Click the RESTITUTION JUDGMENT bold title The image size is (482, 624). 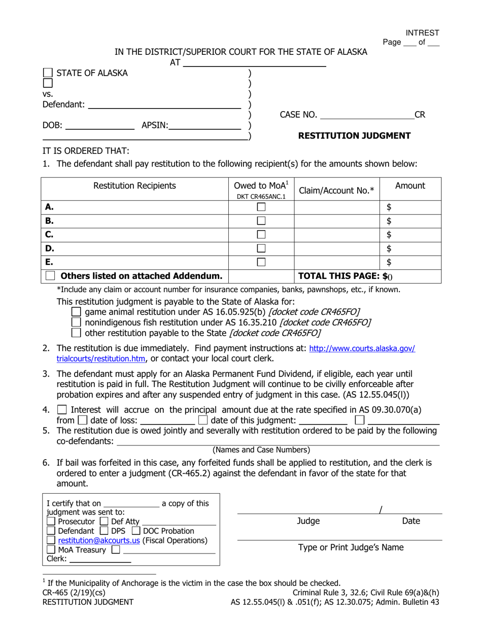point(354,135)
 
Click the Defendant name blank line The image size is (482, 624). point(164,105)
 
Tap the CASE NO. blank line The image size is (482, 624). point(367,115)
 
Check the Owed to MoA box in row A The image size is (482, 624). point(261,207)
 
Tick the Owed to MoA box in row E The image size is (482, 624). point(261,262)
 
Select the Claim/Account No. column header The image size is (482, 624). point(337,190)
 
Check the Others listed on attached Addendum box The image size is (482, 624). point(50,276)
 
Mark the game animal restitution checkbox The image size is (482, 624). point(76,312)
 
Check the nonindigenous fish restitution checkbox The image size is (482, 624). point(76,322)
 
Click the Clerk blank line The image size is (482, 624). point(99,559)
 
